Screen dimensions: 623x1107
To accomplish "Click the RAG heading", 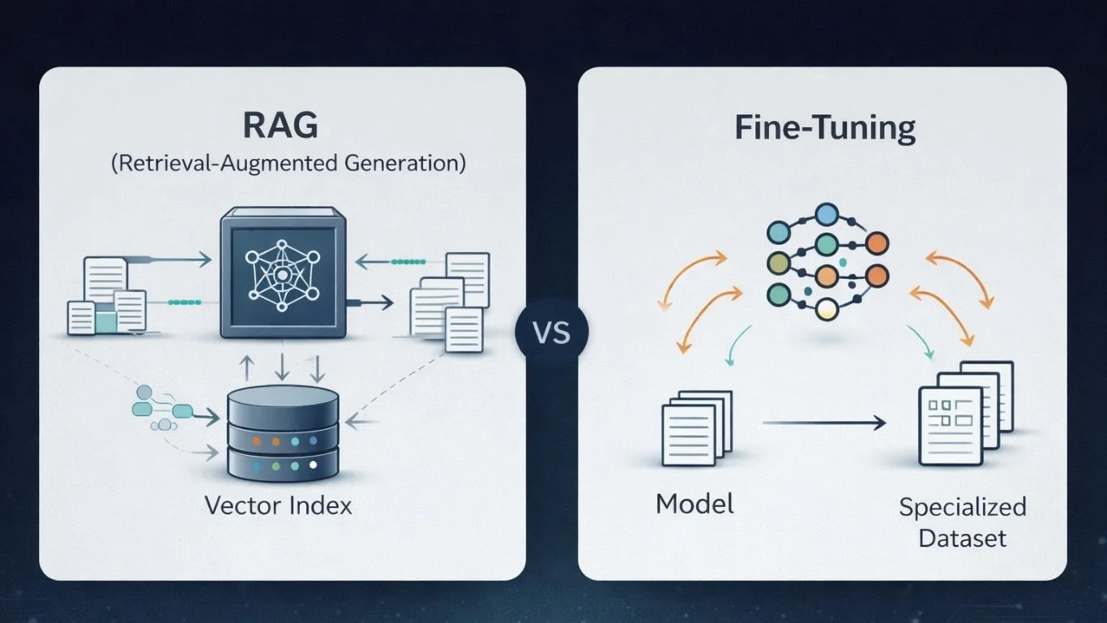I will [x=280, y=127].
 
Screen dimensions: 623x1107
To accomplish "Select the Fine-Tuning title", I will [x=824, y=128].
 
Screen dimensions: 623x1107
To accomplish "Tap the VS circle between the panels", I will [x=552, y=333].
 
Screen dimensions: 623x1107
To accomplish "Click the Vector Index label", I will [x=278, y=506].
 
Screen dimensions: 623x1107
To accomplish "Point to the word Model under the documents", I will [x=695, y=504].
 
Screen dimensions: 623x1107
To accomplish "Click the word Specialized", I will [x=962, y=508].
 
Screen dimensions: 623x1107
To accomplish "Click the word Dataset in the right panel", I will [x=963, y=538].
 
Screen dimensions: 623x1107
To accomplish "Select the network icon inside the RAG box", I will [x=278, y=273].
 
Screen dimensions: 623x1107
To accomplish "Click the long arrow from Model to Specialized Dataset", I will [x=823, y=422].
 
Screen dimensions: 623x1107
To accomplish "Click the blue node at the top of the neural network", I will [x=826, y=215].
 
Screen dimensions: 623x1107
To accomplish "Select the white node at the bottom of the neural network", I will [x=826, y=308].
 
